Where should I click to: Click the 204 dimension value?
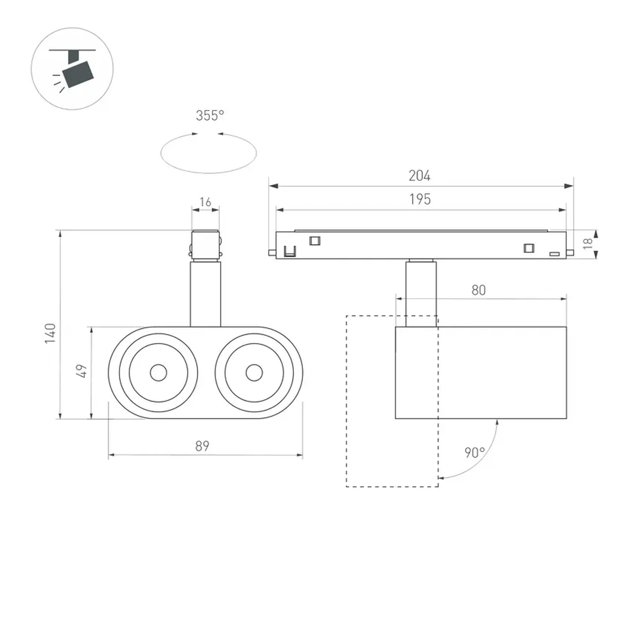click(419, 176)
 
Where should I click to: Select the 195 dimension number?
click(420, 199)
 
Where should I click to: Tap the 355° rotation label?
click(210, 116)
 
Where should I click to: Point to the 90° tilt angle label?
click(475, 453)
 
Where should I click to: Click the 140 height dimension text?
click(50, 333)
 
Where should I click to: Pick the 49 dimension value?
click(81, 371)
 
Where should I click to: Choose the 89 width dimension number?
click(202, 446)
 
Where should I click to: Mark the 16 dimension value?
click(205, 202)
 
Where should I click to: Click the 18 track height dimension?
click(588, 243)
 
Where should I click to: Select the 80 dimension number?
click(479, 290)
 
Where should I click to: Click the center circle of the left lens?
click(158, 373)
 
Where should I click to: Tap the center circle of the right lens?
click(254, 373)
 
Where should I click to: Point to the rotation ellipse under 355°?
click(209, 153)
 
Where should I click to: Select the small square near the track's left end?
click(315, 241)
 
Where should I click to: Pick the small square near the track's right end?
click(529, 248)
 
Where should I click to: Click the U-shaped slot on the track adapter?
click(290, 251)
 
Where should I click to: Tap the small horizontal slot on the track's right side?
click(554, 254)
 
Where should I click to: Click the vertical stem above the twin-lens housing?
click(205, 294)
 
